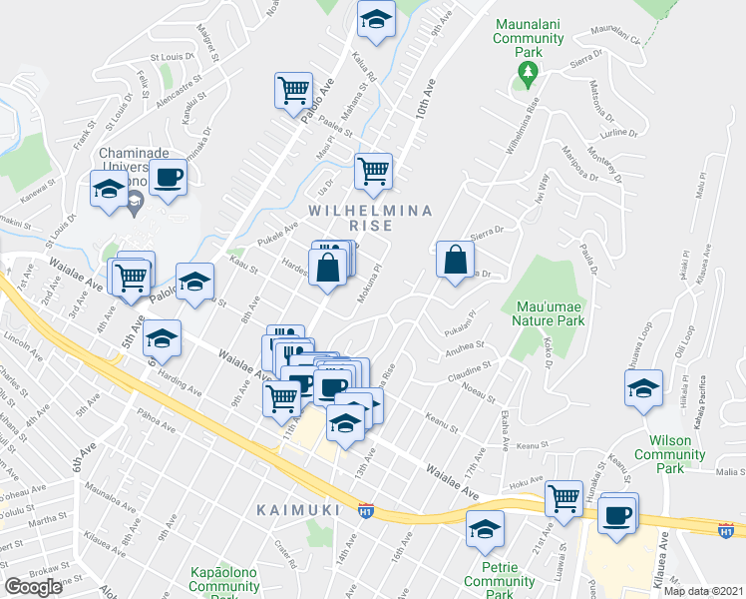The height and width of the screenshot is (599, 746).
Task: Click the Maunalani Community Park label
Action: click(x=528, y=39)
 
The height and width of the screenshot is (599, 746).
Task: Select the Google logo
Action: click(x=33, y=587)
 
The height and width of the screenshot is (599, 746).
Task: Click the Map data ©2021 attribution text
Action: click(x=704, y=591)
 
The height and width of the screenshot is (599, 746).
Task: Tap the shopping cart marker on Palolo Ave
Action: click(x=293, y=91)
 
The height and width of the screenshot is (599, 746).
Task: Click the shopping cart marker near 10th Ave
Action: click(x=373, y=171)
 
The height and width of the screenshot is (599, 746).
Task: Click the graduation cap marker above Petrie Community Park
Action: click(x=485, y=529)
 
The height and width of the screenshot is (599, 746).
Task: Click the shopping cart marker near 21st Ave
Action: click(x=564, y=496)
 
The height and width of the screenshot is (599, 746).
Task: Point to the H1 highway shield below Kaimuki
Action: click(x=365, y=509)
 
